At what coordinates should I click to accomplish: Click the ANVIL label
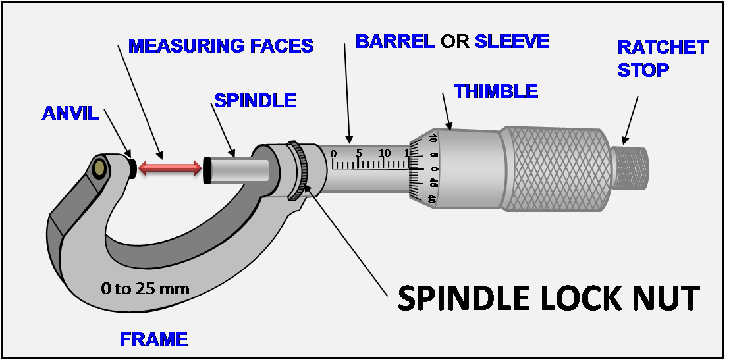pos(70,113)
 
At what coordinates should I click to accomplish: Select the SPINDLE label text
pos(256,101)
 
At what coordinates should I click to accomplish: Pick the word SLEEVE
pos(512,41)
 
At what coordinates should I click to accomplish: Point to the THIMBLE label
pos(496,91)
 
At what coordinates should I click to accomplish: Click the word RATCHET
pos(663,47)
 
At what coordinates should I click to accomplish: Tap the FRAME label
pos(153,340)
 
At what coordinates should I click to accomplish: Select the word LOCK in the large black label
pos(578,298)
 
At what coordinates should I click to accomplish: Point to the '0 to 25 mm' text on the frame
pos(145,288)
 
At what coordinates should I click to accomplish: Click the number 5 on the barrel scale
pos(358,154)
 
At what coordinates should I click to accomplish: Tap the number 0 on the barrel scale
pos(333,154)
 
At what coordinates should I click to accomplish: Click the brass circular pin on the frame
pos(100,169)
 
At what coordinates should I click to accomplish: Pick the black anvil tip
pos(132,168)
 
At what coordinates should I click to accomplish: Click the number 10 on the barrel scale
pos(385,154)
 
